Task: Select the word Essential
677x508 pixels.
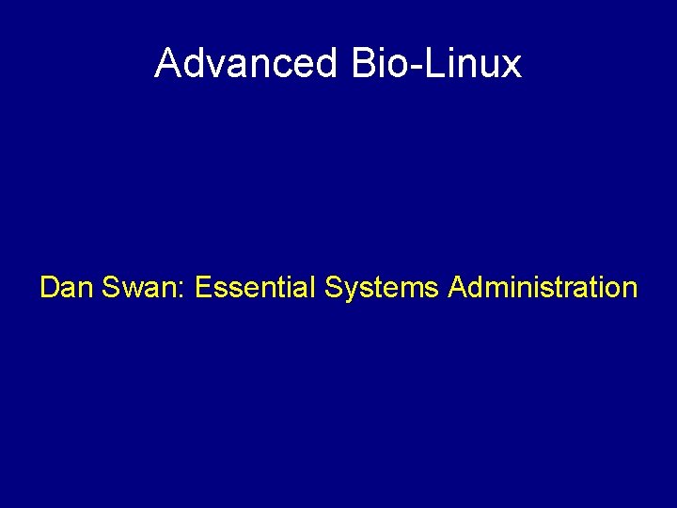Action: click(x=255, y=287)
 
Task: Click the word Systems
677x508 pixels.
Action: click(x=382, y=287)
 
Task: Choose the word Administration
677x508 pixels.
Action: click(x=543, y=287)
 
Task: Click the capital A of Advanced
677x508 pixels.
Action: click(x=169, y=64)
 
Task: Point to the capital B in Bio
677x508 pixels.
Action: click(x=362, y=64)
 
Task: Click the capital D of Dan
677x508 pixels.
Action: click(x=49, y=287)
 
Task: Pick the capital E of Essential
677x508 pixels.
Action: click(x=203, y=287)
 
